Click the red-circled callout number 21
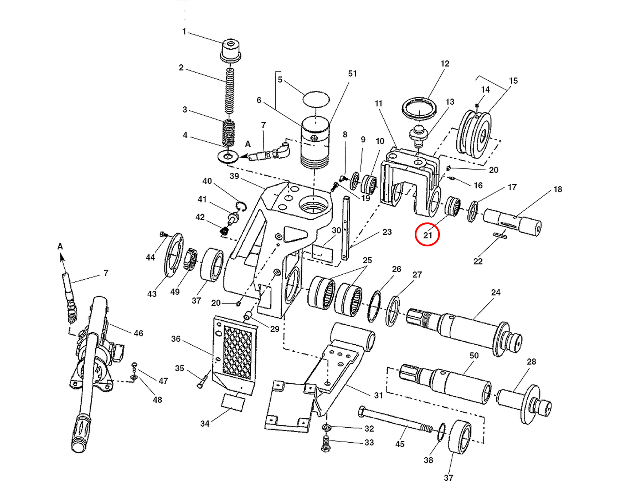click(x=427, y=234)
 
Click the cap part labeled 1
click(x=230, y=50)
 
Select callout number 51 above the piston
click(x=352, y=74)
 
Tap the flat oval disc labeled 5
click(x=316, y=98)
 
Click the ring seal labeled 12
click(x=419, y=108)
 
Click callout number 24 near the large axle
click(x=495, y=292)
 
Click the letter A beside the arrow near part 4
click(x=248, y=144)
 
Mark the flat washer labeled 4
click(x=228, y=156)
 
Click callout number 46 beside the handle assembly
click(x=138, y=333)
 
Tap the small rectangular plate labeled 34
click(x=233, y=402)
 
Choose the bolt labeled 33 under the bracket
click(x=326, y=444)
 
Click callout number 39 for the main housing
click(x=234, y=176)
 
